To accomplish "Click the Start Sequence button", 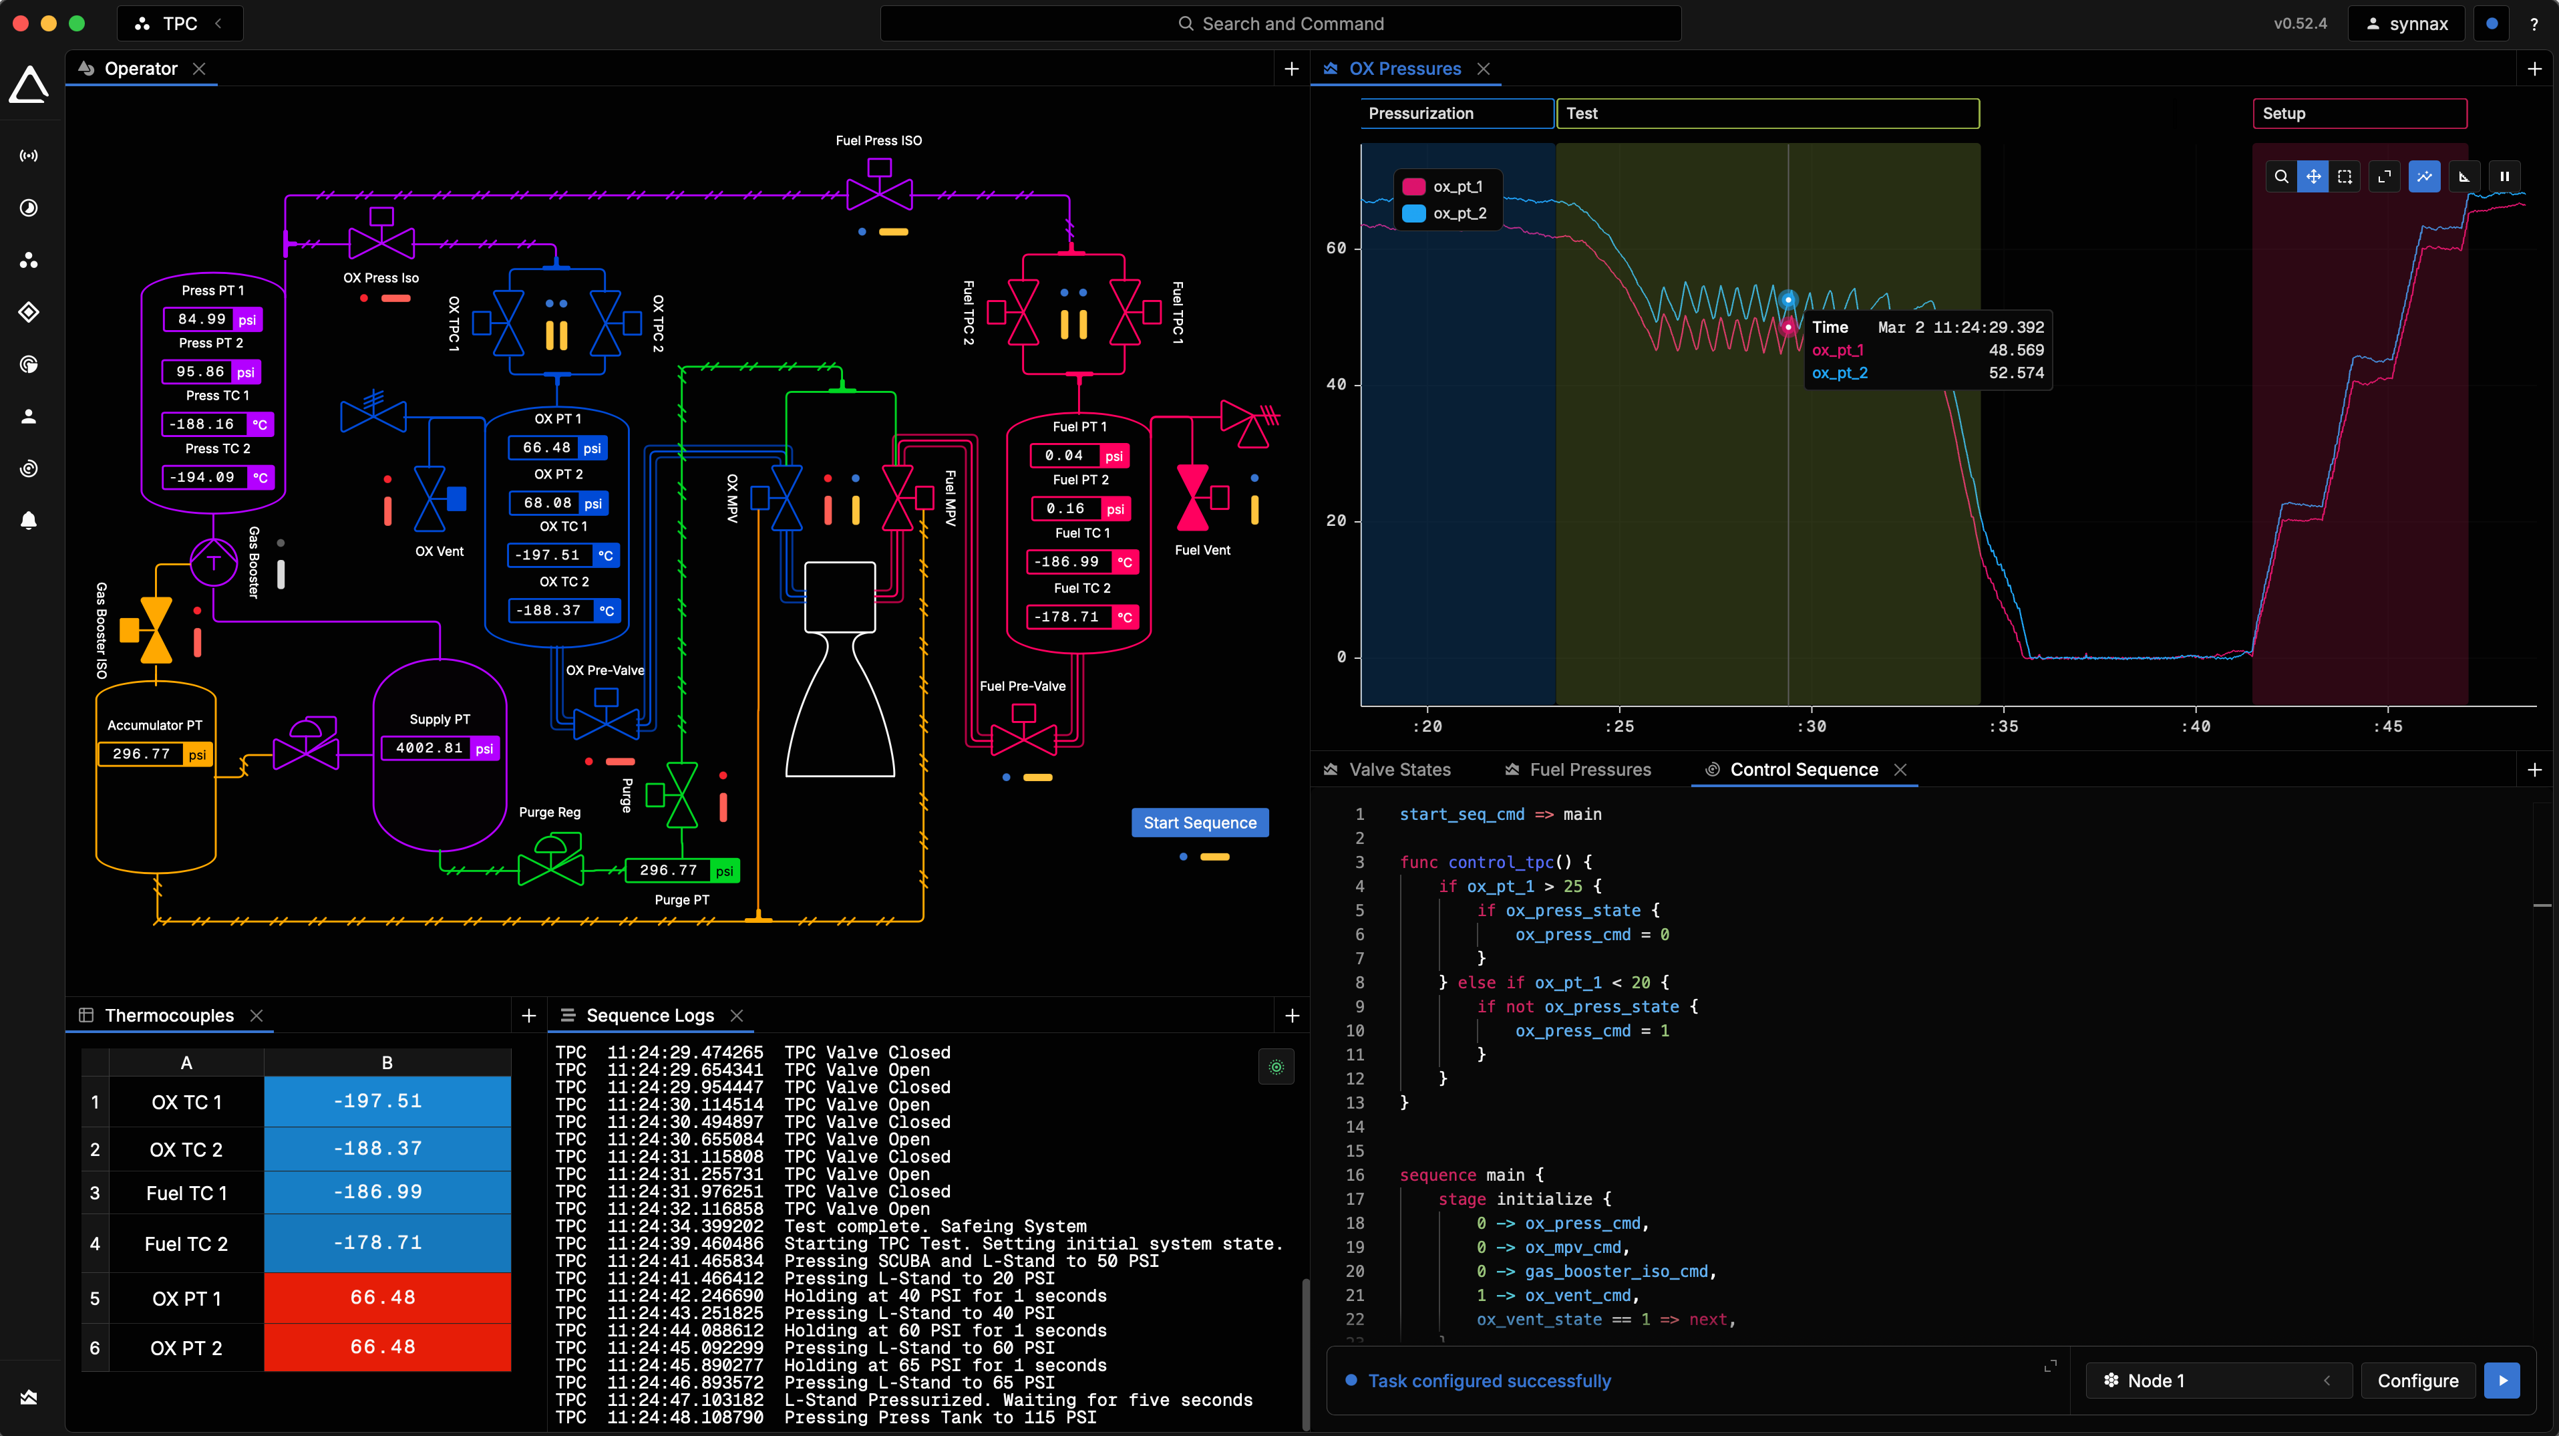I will point(1199,823).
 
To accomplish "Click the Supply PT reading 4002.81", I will point(428,748).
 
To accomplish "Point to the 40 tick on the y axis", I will point(1336,385).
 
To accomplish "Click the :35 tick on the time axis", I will point(2003,726).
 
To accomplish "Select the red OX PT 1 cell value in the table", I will point(383,1298).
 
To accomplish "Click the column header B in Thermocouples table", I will point(387,1063).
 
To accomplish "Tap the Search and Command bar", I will point(1281,24).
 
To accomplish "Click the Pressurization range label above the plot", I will point(1456,114).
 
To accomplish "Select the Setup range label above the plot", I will point(2359,114).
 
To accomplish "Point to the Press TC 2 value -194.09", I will point(202,478).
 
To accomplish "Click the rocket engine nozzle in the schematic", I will point(840,706).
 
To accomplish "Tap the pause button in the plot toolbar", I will point(2504,177).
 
